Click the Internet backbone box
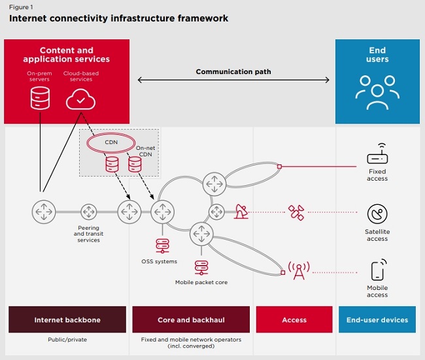click(67, 320)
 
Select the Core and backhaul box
click(191, 320)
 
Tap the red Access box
click(294, 320)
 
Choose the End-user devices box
click(377, 320)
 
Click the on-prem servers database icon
click(40, 98)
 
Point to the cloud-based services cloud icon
click(81, 99)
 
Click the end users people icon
click(377, 94)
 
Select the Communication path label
click(233, 72)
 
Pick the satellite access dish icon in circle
click(377, 214)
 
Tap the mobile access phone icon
click(377, 270)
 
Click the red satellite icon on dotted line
click(296, 212)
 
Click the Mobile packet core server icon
click(201, 267)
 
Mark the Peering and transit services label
click(89, 234)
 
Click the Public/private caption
click(67, 340)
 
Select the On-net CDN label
click(145, 152)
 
